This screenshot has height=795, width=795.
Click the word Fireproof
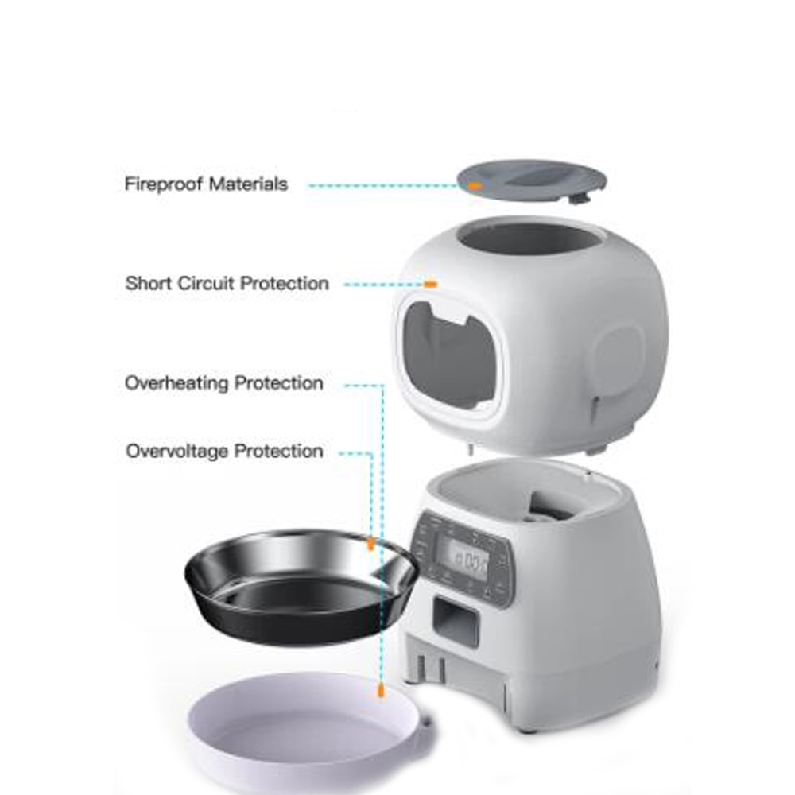click(164, 184)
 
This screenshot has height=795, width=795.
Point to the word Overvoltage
click(179, 452)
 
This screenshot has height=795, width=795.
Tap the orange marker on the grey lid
click(475, 185)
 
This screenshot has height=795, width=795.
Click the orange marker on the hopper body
click(430, 283)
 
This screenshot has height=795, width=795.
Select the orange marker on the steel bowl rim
click(370, 544)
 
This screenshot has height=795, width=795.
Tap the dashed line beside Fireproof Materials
click(382, 185)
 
